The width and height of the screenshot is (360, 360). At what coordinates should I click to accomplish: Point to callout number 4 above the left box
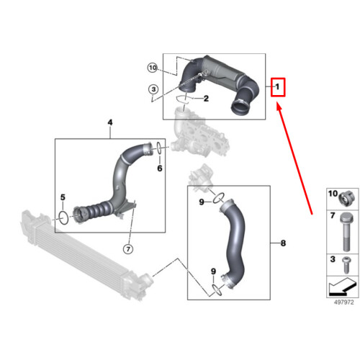point(111,124)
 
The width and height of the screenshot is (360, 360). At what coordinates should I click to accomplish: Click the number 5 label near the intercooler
point(63,197)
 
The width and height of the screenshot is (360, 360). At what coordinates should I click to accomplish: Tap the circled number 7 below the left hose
point(127,249)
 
